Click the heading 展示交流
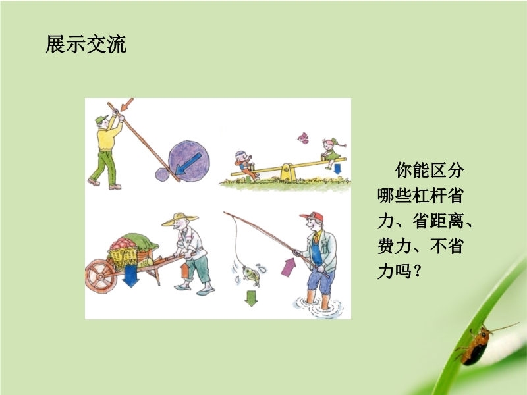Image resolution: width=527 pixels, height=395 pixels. [x=86, y=44]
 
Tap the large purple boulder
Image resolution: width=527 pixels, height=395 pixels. [x=189, y=161]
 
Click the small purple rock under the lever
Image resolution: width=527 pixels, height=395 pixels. [x=162, y=174]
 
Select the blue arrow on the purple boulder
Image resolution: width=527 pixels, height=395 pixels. [x=188, y=164]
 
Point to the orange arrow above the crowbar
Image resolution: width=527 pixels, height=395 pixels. [x=127, y=105]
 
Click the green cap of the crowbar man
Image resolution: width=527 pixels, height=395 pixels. [x=101, y=119]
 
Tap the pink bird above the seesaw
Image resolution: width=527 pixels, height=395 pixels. [x=303, y=138]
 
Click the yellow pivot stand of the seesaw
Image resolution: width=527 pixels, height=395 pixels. [x=289, y=172]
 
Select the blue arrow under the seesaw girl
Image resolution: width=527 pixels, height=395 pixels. [x=337, y=169]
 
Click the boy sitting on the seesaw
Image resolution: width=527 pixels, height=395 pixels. [x=246, y=165]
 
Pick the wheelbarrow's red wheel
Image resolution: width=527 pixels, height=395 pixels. [x=101, y=276]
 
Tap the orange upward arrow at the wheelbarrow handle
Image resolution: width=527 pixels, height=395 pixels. [x=184, y=271]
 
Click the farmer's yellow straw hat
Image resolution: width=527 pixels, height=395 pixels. [x=180, y=219]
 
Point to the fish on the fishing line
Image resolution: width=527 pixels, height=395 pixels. [x=252, y=275]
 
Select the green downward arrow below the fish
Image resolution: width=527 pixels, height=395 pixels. [x=251, y=299]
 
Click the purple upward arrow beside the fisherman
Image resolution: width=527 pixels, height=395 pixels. [x=289, y=267]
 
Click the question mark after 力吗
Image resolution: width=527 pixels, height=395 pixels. [x=418, y=271]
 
